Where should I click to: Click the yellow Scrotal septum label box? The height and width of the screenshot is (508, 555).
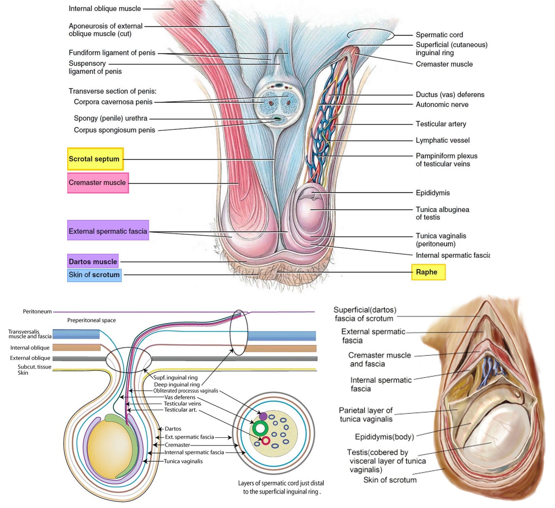pyautogui.click(x=96, y=159)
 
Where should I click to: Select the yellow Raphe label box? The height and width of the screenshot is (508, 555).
pyautogui.click(x=428, y=272)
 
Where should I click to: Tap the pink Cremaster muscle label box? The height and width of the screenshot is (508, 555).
pyautogui.click(x=98, y=183)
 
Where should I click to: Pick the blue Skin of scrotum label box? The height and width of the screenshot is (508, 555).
pyautogui.click(x=94, y=275)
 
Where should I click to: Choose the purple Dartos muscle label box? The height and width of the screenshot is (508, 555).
pyautogui.click(x=93, y=261)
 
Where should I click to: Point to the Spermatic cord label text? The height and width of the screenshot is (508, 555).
pyautogui.click(x=439, y=35)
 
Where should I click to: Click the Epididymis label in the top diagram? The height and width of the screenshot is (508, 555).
pyautogui.click(x=432, y=193)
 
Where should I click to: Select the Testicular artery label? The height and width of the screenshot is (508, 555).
pyautogui.click(x=441, y=124)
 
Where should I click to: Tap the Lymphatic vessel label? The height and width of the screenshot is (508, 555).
pyautogui.click(x=442, y=140)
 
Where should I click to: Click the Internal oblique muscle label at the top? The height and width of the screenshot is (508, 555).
pyautogui.click(x=105, y=9)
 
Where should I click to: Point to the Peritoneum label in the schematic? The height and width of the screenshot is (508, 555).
pyautogui.click(x=37, y=312)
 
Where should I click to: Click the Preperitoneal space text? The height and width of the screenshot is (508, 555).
pyautogui.click(x=92, y=320)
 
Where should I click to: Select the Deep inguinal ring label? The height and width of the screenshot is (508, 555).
pyautogui.click(x=177, y=384)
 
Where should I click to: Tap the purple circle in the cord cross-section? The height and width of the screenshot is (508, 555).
pyautogui.click(x=263, y=416)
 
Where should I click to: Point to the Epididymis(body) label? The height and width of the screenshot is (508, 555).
pyautogui.click(x=384, y=437)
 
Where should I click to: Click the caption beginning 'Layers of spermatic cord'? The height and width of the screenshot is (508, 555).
pyautogui.click(x=281, y=487)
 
